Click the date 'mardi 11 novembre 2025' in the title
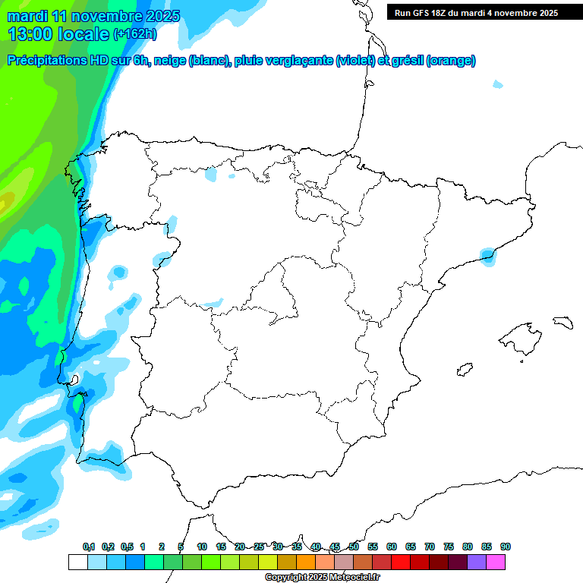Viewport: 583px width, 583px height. coord(93,16)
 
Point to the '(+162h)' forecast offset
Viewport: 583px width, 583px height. coord(134,34)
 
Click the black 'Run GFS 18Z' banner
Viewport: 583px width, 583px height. coord(474,12)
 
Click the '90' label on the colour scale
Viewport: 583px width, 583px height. coord(506,547)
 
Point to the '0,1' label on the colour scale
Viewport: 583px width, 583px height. coord(89,547)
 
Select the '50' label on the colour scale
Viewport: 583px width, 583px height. coord(354,547)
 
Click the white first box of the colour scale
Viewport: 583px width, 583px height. coord(77,562)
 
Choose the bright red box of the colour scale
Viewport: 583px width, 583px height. coord(401,562)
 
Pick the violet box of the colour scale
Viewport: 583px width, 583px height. coord(477,562)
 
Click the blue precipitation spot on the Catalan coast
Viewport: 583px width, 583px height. coord(487,256)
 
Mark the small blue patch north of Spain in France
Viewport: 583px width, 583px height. coord(497,84)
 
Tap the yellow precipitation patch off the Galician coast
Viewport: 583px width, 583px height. coord(5,201)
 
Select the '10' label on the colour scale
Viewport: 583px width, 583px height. coord(202,547)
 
